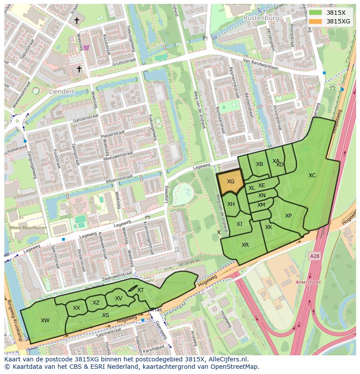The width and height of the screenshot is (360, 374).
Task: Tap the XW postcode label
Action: coord(45,321)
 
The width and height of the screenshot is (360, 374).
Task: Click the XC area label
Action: coord(312,175)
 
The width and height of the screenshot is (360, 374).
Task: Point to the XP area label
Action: coord(288,216)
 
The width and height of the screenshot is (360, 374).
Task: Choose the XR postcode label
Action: coord(245,245)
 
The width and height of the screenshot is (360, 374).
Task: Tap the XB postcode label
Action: coord(260,164)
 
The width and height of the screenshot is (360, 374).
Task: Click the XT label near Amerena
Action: coord(140,290)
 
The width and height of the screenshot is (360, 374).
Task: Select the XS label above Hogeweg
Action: coord(106,315)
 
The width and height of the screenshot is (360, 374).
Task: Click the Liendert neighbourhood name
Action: coord(61,92)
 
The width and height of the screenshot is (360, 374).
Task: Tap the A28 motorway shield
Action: coord(314,257)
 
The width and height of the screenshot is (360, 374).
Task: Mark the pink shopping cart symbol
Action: coord(86,48)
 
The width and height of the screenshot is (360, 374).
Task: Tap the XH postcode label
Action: coord(231,204)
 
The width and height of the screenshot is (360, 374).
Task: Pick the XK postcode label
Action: coord(269,227)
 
